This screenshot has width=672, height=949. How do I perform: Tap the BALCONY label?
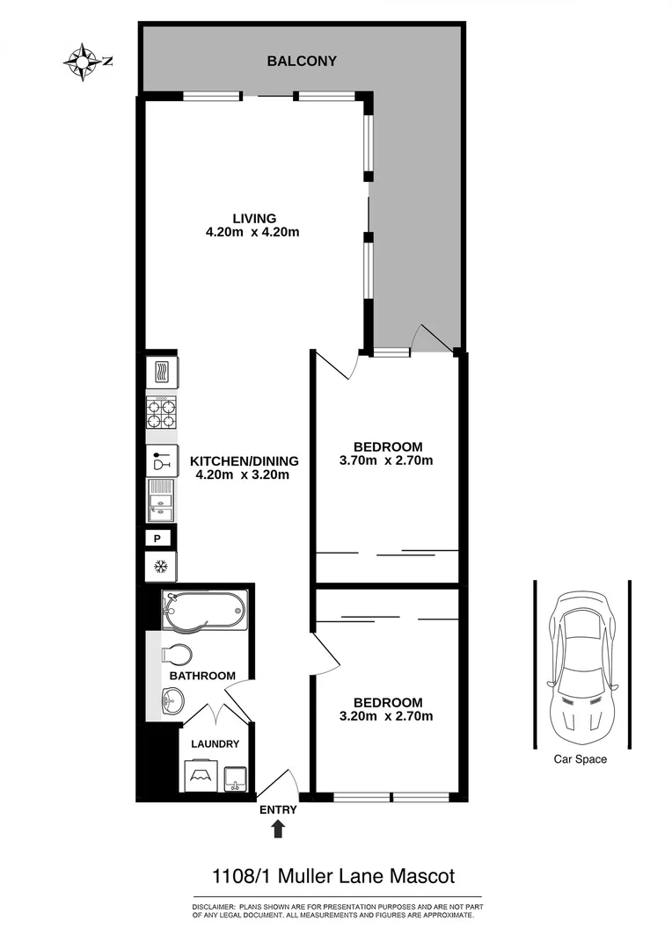[302, 62]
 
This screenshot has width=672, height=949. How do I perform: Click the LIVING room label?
[254, 218]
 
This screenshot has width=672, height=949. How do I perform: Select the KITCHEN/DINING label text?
[245, 460]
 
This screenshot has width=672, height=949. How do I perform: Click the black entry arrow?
[279, 828]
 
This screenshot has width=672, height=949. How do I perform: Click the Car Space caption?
[580, 759]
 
